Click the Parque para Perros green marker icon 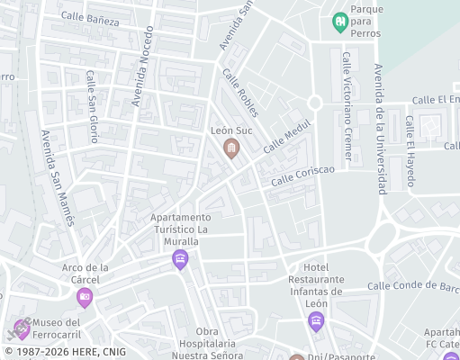[x=340, y=22]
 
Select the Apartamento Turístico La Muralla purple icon [x=180, y=260]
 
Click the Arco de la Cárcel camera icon [x=85, y=297]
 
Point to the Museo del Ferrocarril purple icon [x=22, y=328]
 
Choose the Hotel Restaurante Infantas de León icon [x=315, y=321]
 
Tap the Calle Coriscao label [x=303, y=176]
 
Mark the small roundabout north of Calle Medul [x=314, y=103]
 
